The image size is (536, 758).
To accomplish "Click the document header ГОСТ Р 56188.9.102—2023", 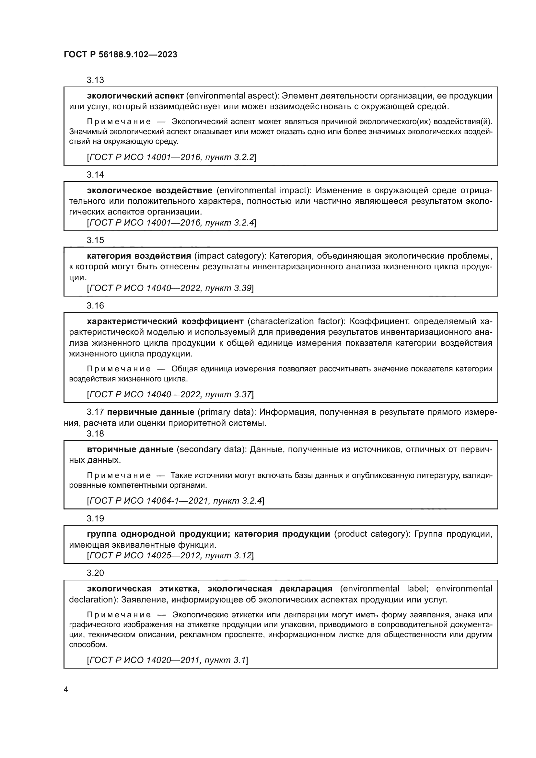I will point(121,55).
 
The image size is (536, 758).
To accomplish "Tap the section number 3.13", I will point(95,80).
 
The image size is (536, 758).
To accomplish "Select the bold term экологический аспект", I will point(135,96).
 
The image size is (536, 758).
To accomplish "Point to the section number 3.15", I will point(95,240).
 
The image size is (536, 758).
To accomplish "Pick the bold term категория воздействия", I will point(139,256).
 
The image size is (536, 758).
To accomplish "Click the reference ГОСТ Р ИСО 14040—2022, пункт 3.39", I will point(170,288).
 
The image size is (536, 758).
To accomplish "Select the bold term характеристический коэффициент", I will point(165,321).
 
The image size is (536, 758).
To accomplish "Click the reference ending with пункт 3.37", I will point(170,394).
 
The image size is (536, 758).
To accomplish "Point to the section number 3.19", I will point(95,519).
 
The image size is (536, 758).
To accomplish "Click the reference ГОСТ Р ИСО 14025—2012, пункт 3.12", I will point(170,556).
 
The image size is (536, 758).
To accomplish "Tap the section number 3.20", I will point(95,573).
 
